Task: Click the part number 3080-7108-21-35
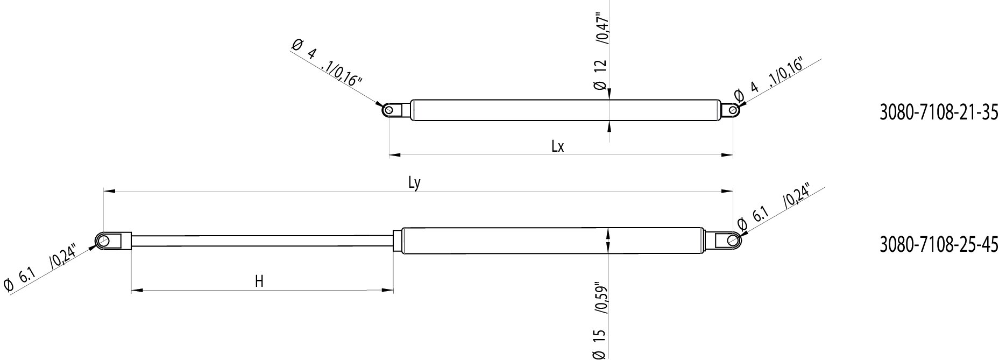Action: pyautogui.click(x=939, y=128)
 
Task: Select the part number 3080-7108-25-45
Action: pyautogui.click(x=939, y=245)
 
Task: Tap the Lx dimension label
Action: pyautogui.click(x=557, y=146)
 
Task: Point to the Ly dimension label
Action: pyautogui.click(x=414, y=183)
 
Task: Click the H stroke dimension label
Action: pyautogui.click(x=259, y=281)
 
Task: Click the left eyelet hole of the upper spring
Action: pyautogui.click(x=388, y=110)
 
